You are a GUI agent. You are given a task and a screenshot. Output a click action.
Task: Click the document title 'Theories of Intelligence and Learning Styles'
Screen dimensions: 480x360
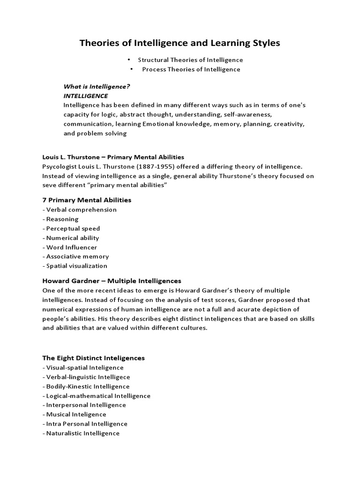[180, 43]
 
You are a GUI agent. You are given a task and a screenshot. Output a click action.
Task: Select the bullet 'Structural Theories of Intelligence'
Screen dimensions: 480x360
[190, 60]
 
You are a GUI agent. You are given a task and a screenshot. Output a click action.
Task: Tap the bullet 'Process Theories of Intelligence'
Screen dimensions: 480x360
[191, 69]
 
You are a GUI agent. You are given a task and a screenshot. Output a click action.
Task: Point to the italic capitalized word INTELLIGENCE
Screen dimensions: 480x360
[86, 96]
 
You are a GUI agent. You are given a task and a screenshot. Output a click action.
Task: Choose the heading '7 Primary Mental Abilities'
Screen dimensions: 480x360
[87, 200]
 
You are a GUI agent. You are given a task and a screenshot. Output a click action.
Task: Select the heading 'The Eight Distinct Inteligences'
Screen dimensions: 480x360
[93, 358]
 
